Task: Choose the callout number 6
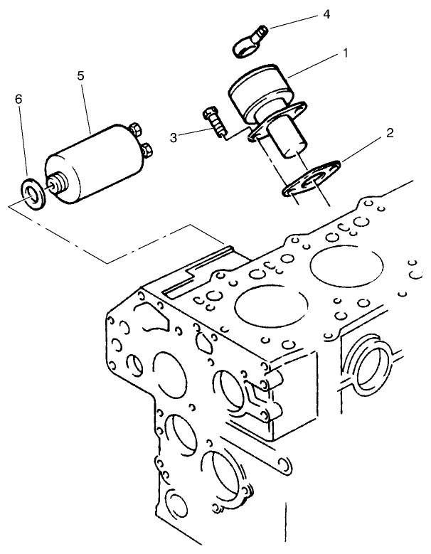18,99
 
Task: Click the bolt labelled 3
214,122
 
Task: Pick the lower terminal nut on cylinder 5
148,149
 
